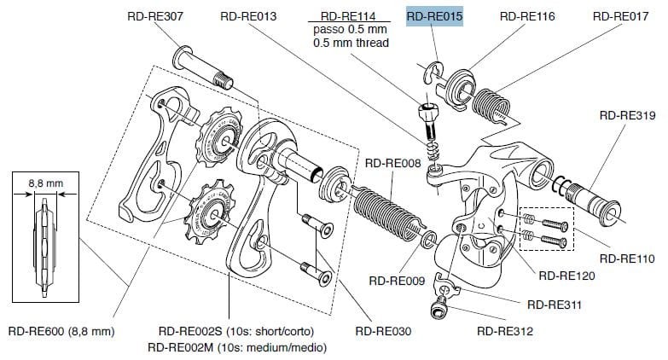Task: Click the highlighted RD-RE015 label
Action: (x=433, y=15)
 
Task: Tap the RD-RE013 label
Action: (x=248, y=15)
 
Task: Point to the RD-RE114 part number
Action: (x=351, y=15)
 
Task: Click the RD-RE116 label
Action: (x=526, y=15)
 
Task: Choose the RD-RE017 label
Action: (x=620, y=15)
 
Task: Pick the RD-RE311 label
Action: (x=555, y=303)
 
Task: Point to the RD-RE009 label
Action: (x=396, y=280)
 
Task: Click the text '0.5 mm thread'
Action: (x=351, y=43)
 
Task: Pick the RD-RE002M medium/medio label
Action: (x=236, y=346)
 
